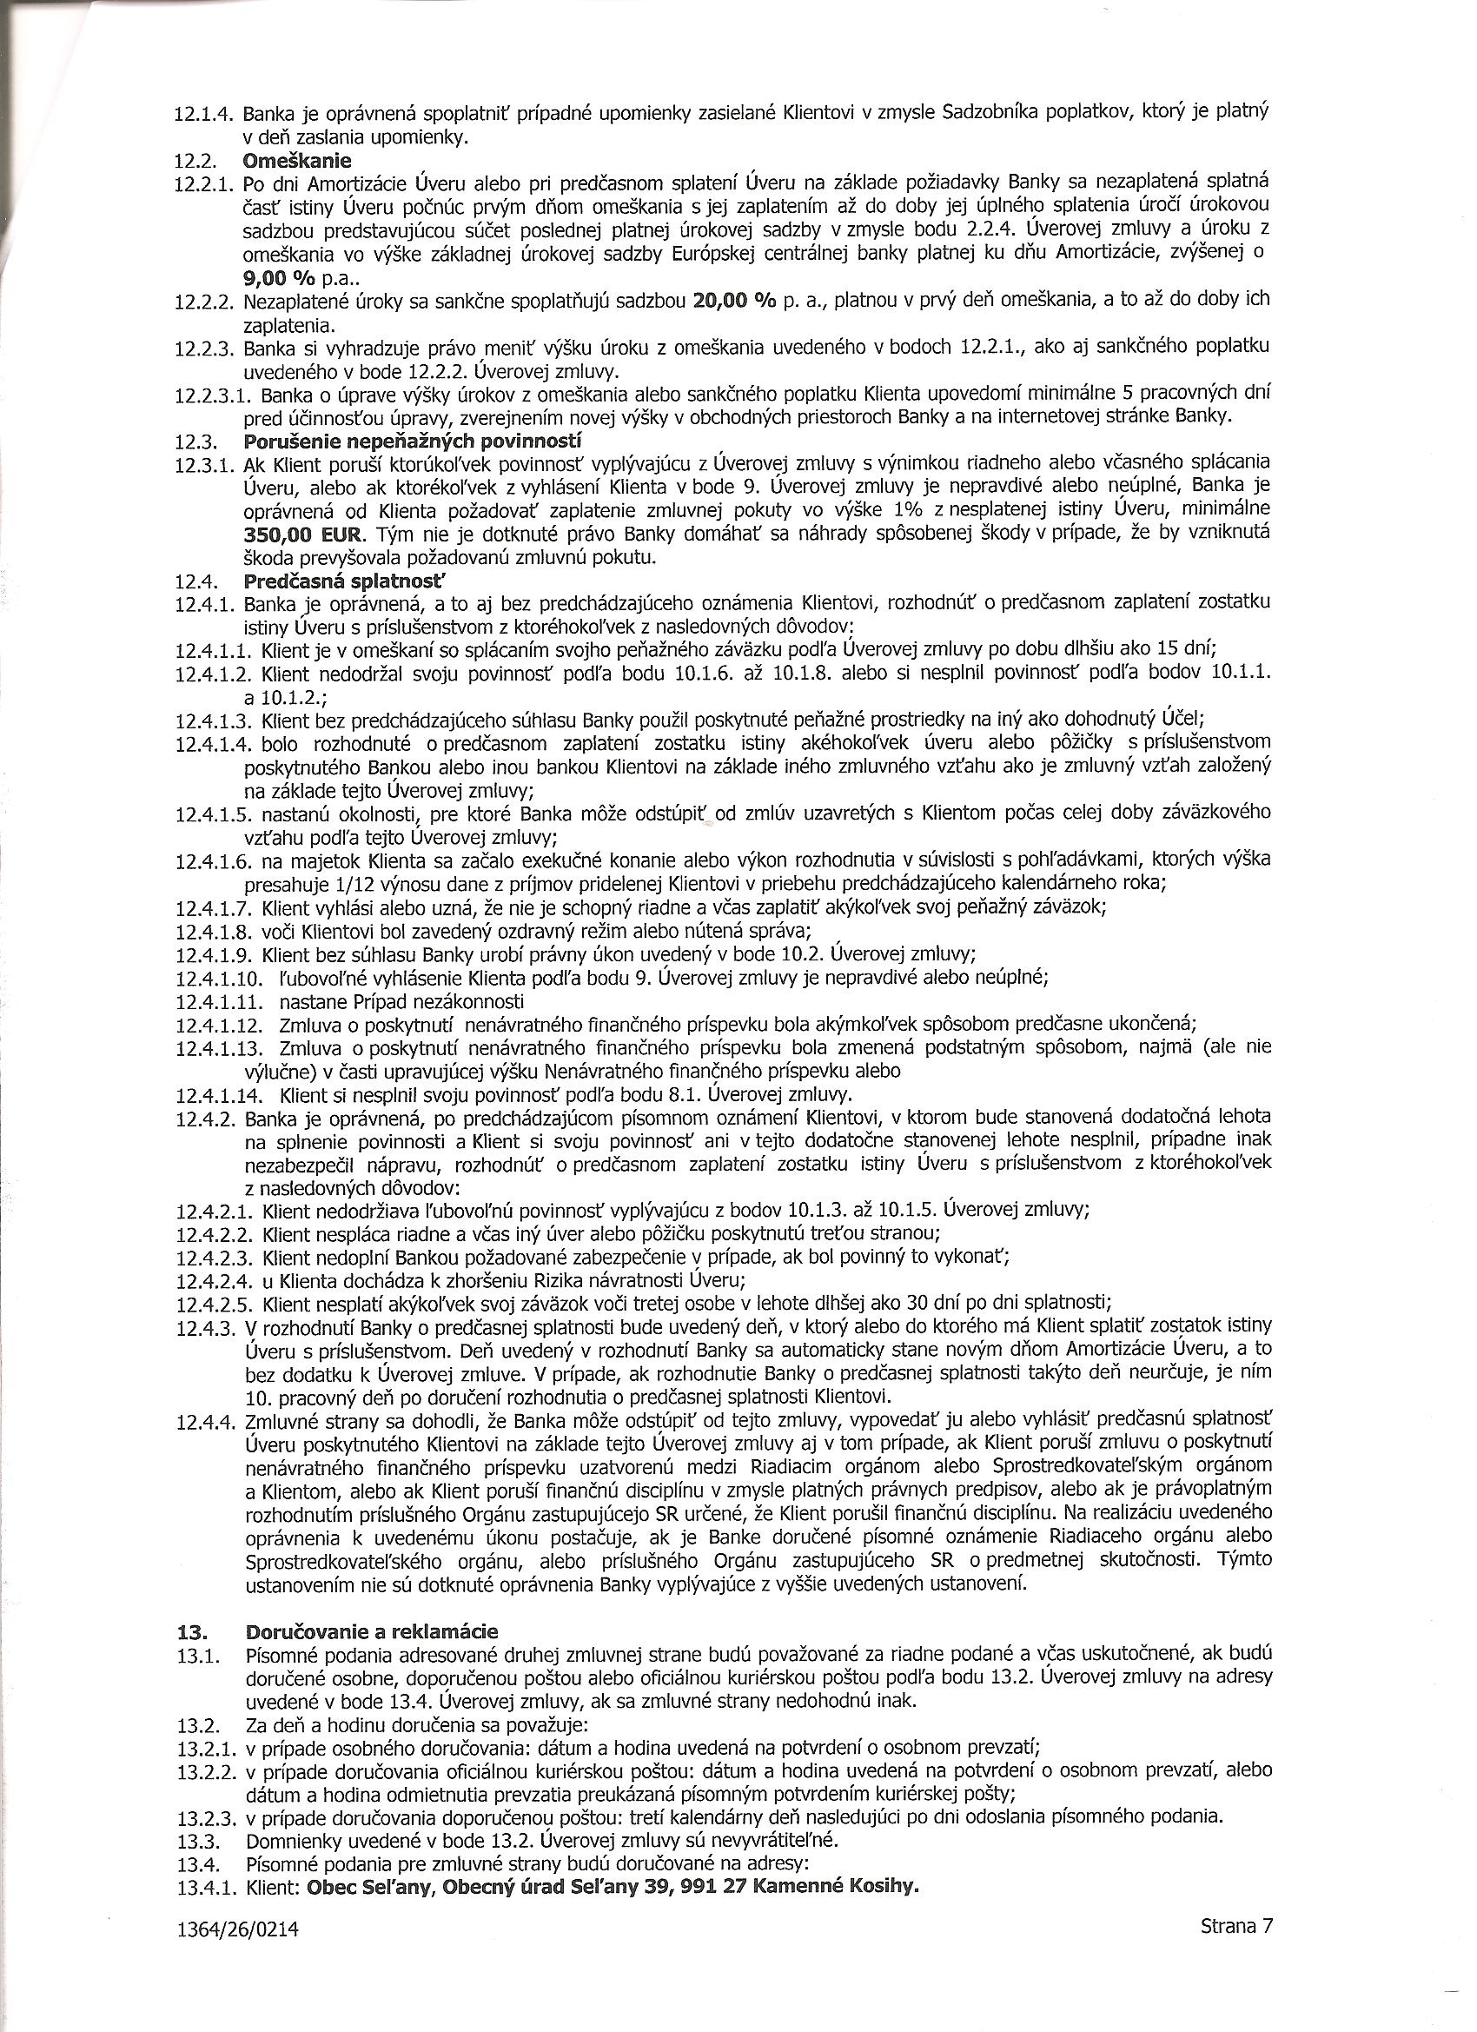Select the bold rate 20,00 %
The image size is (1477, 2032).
point(734,300)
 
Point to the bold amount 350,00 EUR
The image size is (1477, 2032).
point(305,534)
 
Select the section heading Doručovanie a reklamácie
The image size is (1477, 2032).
point(371,1630)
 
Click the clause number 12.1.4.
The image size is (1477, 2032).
point(204,114)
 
